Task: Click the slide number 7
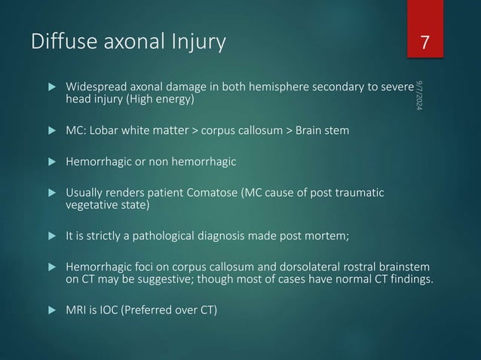coord(425,43)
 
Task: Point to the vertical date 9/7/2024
coord(419,95)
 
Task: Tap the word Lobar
coord(110,133)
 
